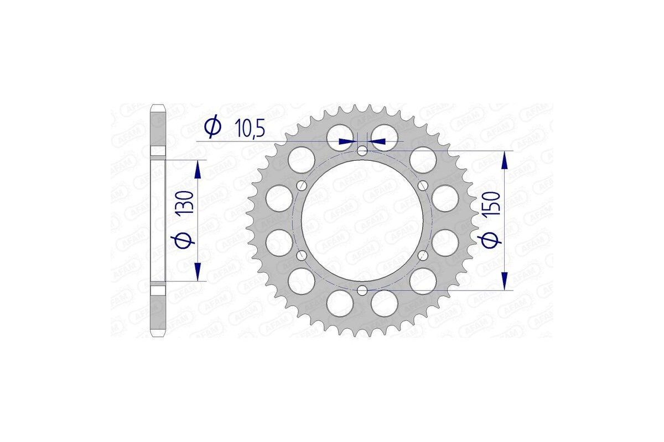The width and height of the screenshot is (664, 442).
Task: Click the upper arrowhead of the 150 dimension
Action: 504,161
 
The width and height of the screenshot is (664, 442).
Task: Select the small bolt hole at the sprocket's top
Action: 362,151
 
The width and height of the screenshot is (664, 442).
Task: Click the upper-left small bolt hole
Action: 302,185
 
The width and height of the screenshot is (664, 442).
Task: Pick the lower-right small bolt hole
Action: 423,255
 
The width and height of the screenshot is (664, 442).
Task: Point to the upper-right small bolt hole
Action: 423,185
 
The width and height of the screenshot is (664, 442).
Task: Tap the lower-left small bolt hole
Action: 302,255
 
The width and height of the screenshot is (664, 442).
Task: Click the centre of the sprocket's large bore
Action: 362,220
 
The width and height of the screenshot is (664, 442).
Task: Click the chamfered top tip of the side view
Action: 159,106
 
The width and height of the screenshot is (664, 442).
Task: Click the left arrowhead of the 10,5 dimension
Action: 347,141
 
